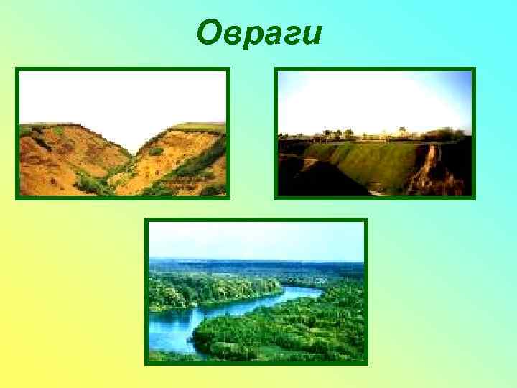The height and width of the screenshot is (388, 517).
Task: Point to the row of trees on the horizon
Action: pyautogui.click(x=373, y=134)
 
